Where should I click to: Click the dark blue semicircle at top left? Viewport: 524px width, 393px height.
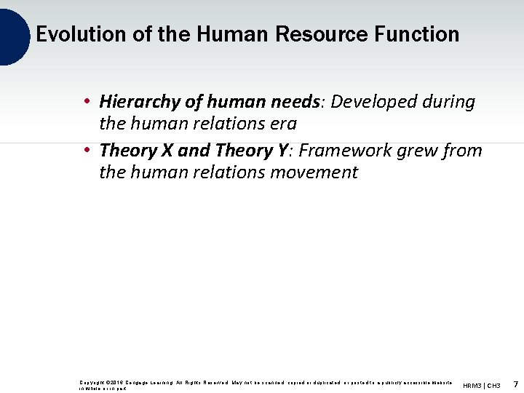coord(13,35)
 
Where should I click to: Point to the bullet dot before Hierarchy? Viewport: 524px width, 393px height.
coord(86,102)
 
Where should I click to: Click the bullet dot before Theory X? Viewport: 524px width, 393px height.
coord(86,151)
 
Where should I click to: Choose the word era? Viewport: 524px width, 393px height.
coord(283,124)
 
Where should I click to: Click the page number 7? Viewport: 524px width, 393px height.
coord(515,384)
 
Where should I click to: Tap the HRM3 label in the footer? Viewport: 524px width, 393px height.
coord(472,385)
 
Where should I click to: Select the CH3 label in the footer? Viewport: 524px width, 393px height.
coord(493,385)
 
